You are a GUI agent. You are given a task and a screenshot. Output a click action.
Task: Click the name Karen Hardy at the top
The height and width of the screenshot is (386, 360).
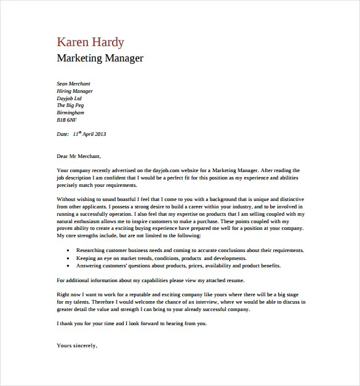pyautogui.click(x=90, y=42)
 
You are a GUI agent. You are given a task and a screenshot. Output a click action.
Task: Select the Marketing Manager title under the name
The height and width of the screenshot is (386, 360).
pyautogui.click(x=100, y=59)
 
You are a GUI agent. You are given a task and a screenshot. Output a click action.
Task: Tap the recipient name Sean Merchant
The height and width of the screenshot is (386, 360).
pyautogui.click(x=73, y=84)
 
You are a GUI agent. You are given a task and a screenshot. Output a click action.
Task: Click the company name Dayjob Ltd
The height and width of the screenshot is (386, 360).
pyautogui.click(x=69, y=98)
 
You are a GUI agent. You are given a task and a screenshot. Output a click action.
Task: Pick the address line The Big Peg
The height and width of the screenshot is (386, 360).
pyautogui.click(x=70, y=106)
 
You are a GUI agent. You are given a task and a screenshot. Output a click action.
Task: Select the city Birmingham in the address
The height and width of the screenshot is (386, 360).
pyautogui.click(x=70, y=113)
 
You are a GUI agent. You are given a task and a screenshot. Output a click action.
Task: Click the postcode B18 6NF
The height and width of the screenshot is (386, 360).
pyautogui.click(x=66, y=120)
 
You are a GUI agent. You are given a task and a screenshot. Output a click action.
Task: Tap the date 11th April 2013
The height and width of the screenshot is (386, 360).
pyautogui.click(x=89, y=133)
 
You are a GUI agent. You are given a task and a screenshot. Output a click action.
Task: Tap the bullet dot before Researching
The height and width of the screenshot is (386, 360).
pyautogui.click(x=66, y=251)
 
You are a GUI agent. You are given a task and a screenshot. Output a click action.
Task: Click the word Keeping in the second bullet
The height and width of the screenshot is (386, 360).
pyautogui.click(x=86, y=258)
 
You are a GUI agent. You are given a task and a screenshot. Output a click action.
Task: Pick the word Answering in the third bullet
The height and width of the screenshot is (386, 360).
pyautogui.click(x=89, y=266)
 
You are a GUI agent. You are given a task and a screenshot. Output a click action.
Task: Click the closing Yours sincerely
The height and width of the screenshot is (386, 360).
pyautogui.click(x=77, y=345)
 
